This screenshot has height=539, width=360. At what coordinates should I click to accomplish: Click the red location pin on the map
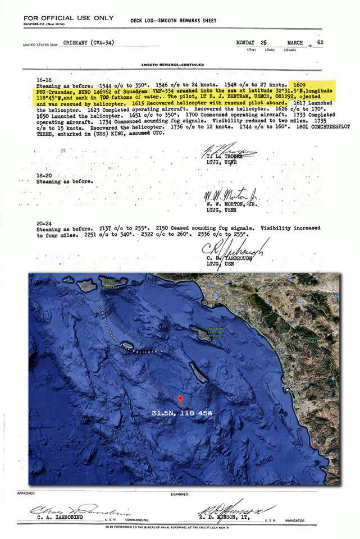click(x=180, y=399)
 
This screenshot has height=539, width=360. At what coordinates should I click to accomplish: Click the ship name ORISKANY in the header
click(x=84, y=43)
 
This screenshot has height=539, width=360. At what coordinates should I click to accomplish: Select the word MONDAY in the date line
click(x=247, y=42)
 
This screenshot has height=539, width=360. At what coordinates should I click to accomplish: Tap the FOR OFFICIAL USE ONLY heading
click(x=69, y=18)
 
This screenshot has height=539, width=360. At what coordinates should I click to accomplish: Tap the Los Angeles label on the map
click(x=214, y=277)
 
